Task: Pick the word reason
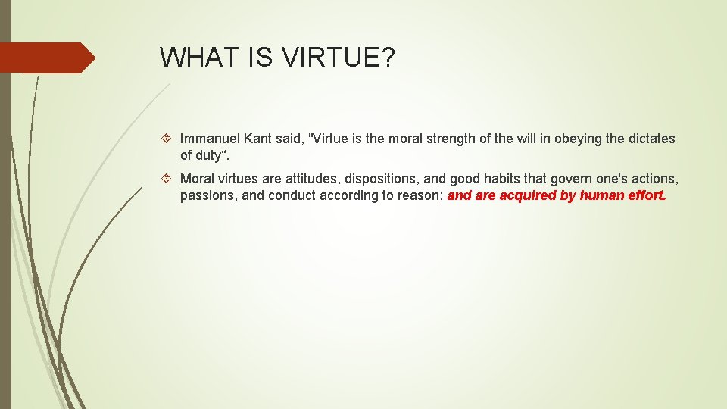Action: click(x=420, y=195)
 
